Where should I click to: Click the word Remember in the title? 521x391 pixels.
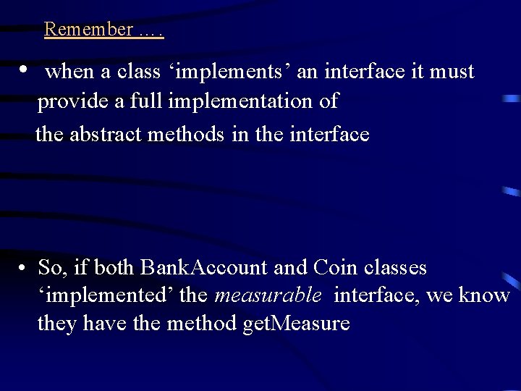point(88,29)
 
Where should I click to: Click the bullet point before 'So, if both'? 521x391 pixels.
point(24,269)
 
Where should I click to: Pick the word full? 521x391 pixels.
point(148,101)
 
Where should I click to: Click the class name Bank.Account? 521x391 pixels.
point(203,268)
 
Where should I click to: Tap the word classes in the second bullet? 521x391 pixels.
point(395,268)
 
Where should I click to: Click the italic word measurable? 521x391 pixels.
point(268,295)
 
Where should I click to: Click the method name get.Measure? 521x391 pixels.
point(297,323)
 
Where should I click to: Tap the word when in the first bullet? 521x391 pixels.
point(68,72)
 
